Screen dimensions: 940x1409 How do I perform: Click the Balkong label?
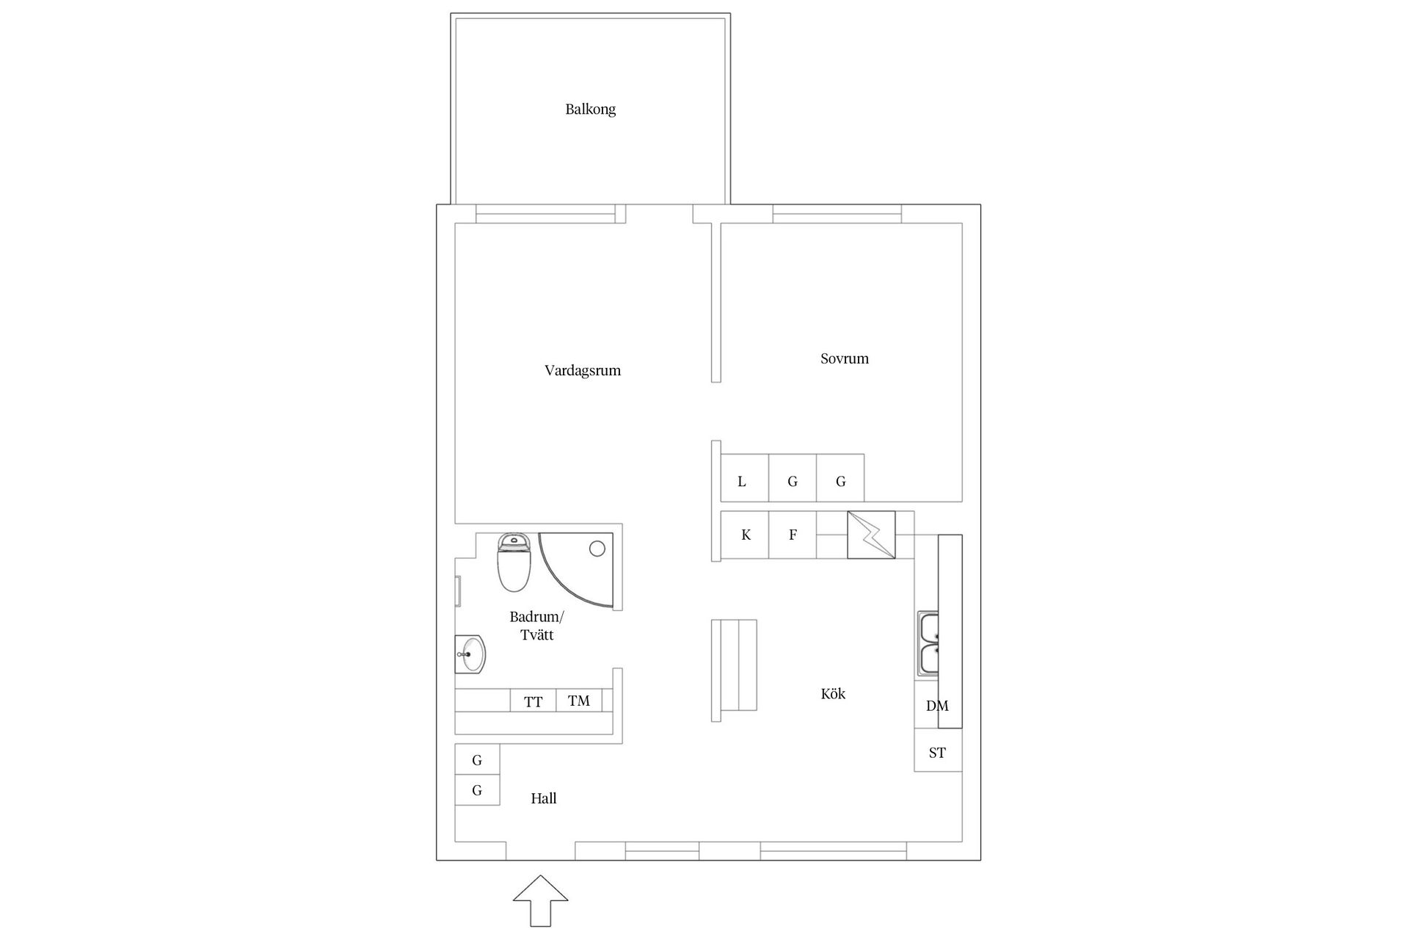(590, 109)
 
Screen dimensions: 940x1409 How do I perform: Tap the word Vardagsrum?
(583, 371)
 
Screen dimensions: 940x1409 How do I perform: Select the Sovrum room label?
(844, 359)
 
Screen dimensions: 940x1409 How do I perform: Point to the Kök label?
(833, 694)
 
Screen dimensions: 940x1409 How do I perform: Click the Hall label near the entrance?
(544, 798)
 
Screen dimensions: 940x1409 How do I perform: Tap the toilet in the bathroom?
(514, 563)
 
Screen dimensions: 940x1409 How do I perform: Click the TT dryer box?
(534, 701)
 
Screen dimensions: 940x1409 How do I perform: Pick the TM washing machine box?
(579, 701)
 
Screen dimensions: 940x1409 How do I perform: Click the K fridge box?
(745, 535)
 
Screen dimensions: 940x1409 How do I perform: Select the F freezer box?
(793, 535)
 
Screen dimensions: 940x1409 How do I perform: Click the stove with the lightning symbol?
(871, 535)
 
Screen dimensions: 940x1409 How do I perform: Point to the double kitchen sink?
(928, 644)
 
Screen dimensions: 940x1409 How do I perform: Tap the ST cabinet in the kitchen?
(937, 753)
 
